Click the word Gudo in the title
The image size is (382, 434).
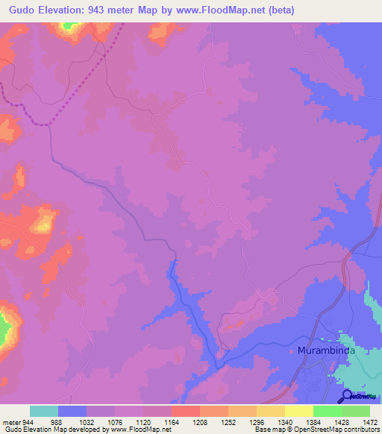tap(25, 10)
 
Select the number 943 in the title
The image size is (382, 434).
tap(120, 10)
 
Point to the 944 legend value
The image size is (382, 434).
tap(29, 421)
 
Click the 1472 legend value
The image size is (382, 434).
tap(370, 421)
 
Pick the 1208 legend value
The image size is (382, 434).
tap(199, 421)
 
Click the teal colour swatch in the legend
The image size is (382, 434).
tap(43, 411)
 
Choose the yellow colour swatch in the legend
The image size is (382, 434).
tap(298, 411)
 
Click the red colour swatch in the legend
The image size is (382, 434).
tap(185, 411)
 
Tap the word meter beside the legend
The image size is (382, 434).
tap(10, 421)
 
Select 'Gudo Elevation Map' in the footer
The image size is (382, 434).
tap(33, 430)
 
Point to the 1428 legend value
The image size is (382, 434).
tap(341, 421)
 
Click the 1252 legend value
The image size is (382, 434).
tap(228, 421)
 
